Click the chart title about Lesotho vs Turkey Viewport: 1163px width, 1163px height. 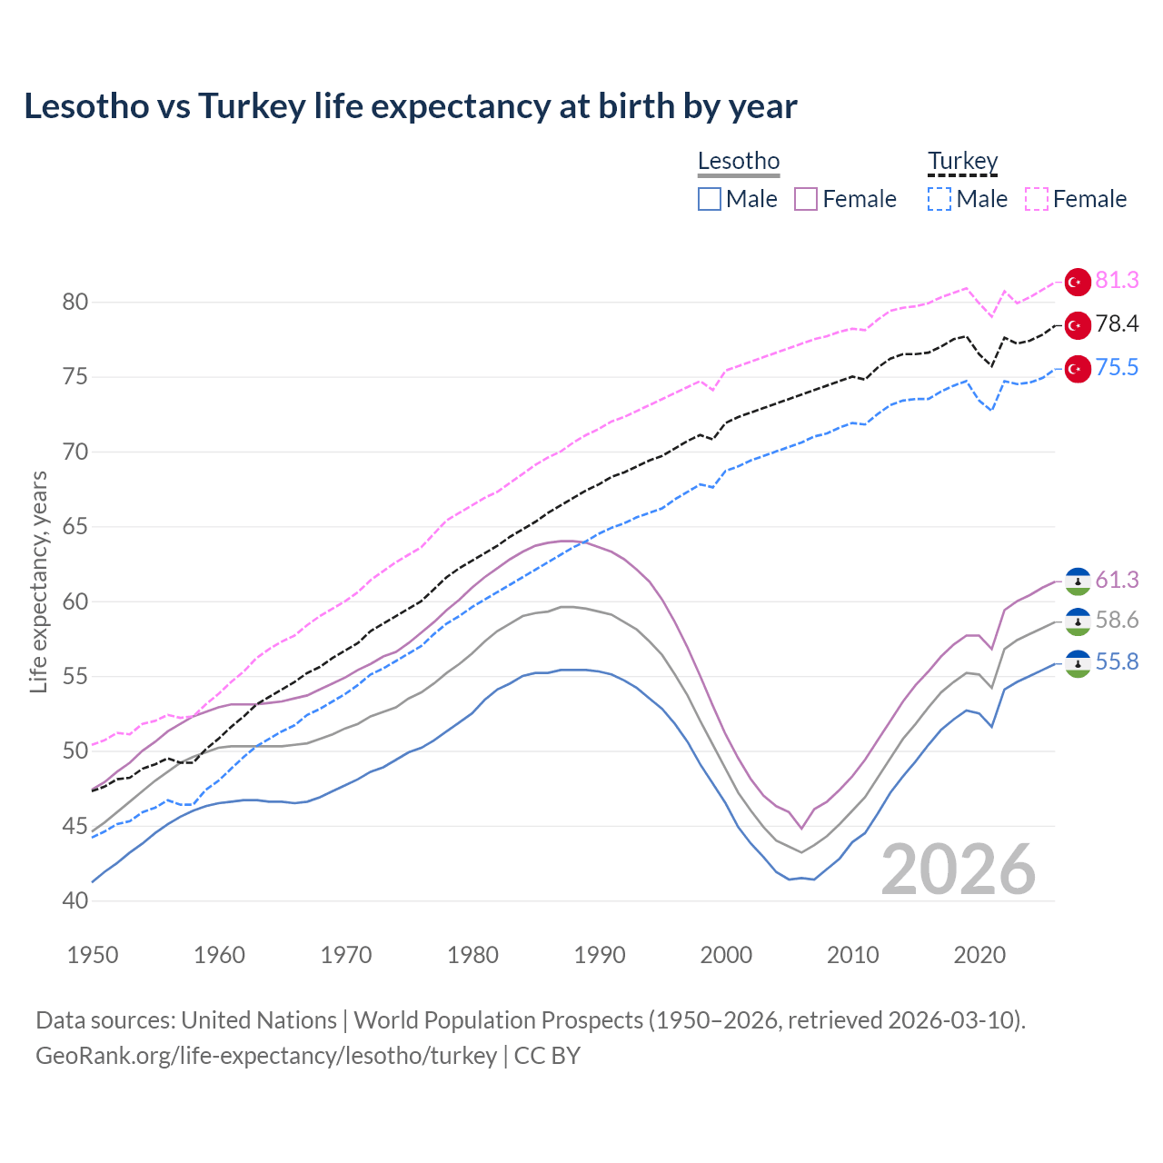tap(411, 106)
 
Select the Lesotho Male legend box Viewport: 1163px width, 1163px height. tap(710, 199)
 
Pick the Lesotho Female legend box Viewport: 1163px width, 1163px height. tap(806, 199)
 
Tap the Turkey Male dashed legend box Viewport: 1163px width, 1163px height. tap(939, 199)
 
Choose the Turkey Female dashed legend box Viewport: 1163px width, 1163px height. tap(1037, 199)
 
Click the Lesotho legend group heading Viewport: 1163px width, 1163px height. tap(739, 162)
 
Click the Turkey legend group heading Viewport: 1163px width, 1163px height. tap(962, 162)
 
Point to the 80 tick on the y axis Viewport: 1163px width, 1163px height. tap(75, 302)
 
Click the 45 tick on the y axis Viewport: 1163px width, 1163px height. tap(75, 826)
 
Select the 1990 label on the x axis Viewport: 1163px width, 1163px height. tap(600, 955)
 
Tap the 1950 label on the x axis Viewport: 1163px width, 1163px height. tap(94, 955)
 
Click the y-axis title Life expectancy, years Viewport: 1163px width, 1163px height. tap(38, 581)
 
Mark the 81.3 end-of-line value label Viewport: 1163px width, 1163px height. tap(1117, 281)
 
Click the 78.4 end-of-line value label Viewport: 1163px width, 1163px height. tap(1117, 324)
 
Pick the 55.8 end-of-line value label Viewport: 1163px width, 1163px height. tap(1117, 662)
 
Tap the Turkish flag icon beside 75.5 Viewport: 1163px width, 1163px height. tap(1078, 369)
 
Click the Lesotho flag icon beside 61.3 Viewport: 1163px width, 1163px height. tap(1078, 581)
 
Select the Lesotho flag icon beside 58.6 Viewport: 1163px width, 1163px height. tap(1078, 621)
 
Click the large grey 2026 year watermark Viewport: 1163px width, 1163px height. tap(959, 870)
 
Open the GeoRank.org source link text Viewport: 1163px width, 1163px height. tap(266, 1056)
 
